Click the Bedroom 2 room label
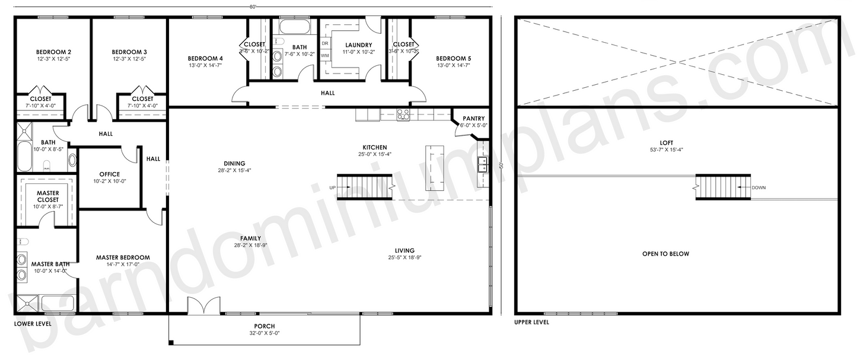(x=53, y=52)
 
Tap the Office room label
(x=110, y=174)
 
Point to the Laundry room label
(x=358, y=45)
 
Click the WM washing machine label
(x=325, y=55)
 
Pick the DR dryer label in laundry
(x=325, y=43)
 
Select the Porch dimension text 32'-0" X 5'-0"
(x=264, y=333)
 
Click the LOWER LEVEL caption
(x=33, y=324)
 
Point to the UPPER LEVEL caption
(x=532, y=323)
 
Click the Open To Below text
(x=665, y=254)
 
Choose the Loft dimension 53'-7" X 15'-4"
(x=665, y=150)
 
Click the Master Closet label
(x=47, y=196)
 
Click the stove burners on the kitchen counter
(x=403, y=114)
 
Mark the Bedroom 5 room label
(x=453, y=58)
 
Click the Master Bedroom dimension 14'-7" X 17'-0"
(x=123, y=265)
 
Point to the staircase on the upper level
(x=723, y=187)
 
